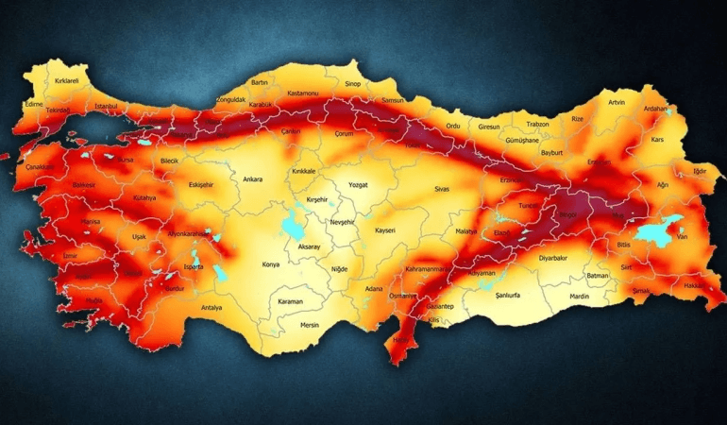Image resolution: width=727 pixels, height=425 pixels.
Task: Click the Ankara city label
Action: pyautogui.click(x=252, y=179)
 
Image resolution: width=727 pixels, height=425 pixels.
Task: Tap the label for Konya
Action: pyautogui.click(x=270, y=264)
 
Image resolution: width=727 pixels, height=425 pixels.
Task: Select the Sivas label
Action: pyautogui.click(x=442, y=189)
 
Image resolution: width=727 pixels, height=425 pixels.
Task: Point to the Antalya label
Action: pyautogui.click(x=211, y=307)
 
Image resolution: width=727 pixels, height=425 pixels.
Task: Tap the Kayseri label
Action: pyautogui.click(x=384, y=230)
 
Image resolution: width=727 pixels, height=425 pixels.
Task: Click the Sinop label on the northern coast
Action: pyautogui.click(x=353, y=84)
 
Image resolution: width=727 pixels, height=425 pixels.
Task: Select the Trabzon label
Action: pyautogui.click(x=537, y=124)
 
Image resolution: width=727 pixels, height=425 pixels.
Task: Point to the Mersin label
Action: pyautogui.click(x=310, y=325)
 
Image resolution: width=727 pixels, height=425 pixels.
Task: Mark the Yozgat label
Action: pyautogui.click(x=358, y=185)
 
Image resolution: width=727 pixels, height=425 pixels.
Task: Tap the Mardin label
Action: pyautogui.click(x=578, y=297)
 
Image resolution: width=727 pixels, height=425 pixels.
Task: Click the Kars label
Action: pyautogui.click(x=658, y=140)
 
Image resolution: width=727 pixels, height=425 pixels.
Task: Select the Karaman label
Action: pyautogui.click(x=290, y=301)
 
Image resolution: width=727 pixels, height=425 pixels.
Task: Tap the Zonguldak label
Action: pyautogui.click(x=230, y=99)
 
